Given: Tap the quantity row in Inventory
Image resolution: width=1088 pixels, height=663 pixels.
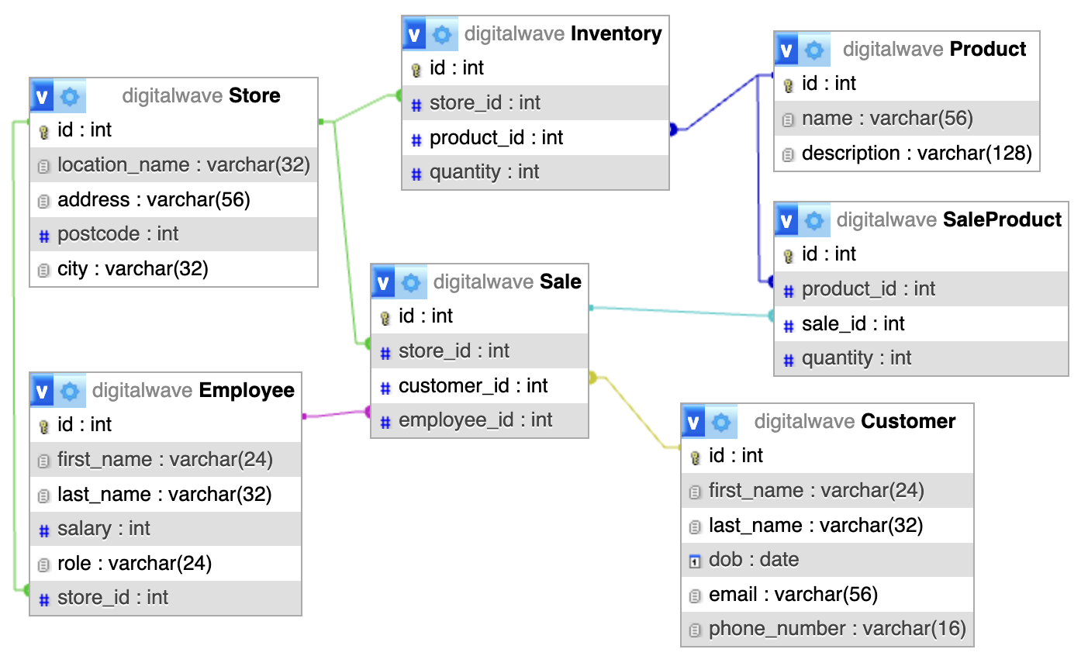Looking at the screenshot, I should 484,172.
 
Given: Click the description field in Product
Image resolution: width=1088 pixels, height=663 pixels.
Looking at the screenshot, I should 916,154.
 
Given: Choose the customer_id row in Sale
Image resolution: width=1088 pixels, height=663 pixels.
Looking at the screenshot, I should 472,386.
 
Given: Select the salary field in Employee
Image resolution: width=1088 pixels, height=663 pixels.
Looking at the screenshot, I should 103,529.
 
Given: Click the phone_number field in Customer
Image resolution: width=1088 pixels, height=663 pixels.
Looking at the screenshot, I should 837,629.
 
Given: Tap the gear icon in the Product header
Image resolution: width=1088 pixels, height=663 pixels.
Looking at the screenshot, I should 814,50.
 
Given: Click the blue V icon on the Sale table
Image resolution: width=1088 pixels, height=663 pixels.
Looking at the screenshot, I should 383,283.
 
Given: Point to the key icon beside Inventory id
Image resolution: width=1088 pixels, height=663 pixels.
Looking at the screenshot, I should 416,70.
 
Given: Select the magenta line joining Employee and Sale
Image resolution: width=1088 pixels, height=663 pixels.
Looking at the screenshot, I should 335,414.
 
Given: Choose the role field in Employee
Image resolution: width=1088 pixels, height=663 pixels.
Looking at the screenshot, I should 134,564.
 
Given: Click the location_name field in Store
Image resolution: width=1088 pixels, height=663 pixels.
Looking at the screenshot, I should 183,165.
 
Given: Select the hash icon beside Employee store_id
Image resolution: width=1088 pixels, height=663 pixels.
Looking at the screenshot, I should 44,599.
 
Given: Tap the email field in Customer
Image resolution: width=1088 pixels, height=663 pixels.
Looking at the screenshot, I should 793,595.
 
